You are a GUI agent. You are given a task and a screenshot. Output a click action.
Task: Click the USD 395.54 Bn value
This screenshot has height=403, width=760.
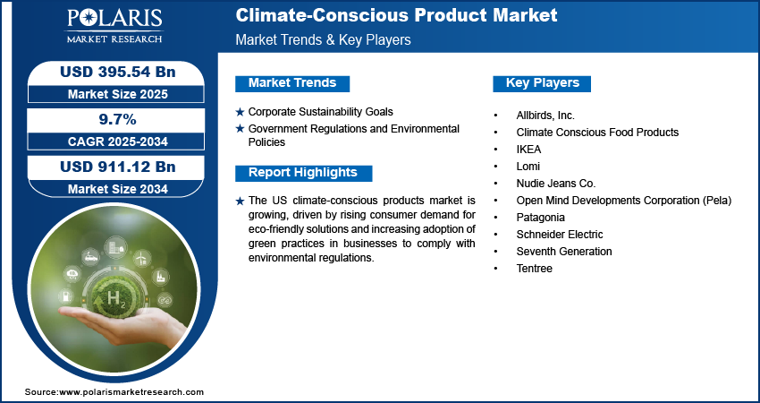[118, 72]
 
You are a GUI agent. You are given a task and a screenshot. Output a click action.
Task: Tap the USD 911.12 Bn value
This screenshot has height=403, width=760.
[118, 167]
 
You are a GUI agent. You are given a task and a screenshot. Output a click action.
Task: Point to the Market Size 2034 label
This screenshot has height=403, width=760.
[118, 189]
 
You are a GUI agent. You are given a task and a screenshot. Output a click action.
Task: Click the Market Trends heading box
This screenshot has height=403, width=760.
[292, 83]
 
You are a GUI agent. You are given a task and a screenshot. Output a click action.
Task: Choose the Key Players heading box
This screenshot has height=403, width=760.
[542, 83]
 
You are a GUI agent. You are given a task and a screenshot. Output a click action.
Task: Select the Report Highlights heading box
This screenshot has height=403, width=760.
[303, 173]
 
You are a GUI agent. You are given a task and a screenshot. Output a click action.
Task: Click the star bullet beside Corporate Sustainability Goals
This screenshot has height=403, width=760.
[240, 112]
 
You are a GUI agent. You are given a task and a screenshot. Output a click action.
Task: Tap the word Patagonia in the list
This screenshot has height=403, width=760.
[540, 218]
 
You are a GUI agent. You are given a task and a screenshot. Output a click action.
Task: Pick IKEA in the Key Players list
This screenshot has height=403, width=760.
[528, 149]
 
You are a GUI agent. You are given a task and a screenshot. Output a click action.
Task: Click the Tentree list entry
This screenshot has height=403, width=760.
[534, 268]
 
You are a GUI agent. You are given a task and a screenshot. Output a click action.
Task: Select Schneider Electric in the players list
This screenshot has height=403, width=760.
[560, 234]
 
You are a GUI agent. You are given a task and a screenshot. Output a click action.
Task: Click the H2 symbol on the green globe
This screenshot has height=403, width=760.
[114, 297]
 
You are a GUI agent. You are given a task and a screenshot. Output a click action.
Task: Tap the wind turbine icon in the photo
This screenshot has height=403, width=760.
[142, 258]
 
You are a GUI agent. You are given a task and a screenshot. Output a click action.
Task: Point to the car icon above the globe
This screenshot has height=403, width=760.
[91, 257]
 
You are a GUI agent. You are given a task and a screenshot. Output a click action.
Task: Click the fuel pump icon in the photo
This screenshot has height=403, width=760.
[65, 296]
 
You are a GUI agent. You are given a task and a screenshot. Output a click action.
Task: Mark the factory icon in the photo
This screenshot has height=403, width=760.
[159, 277]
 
